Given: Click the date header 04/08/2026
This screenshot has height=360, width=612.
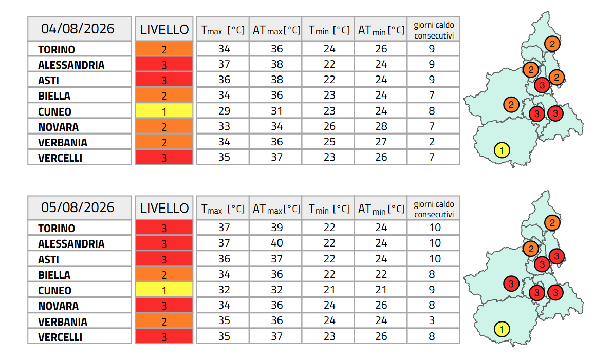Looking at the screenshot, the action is [78, 28].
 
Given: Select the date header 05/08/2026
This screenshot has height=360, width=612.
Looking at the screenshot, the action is [78, 207].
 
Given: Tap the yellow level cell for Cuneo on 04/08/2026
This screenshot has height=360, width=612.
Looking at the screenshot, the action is [164, 111].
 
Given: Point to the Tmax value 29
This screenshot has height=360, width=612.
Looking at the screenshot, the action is [224, 111].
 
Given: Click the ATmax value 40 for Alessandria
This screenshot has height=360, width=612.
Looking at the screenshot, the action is [277, 243].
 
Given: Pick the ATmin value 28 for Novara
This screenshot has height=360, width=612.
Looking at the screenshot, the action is [381, 126].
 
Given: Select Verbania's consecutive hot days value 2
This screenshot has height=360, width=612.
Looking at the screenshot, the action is [432, 142].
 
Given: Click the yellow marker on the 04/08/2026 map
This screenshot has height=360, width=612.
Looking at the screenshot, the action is [502, 150].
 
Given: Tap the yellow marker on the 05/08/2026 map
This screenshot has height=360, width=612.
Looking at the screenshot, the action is [502, 329].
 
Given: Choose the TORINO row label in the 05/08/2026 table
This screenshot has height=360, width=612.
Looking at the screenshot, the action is [57, 228].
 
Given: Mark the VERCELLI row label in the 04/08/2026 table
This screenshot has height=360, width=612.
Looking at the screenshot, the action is [60, 158].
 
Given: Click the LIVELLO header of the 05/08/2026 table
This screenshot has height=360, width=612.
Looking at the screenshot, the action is [164, 208].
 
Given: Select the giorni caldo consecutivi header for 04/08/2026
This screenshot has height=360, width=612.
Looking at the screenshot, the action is [434, 30].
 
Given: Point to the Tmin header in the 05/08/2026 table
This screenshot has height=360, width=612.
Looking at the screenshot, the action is [329, 209].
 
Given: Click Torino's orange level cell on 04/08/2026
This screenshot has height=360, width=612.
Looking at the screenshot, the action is [164, 49].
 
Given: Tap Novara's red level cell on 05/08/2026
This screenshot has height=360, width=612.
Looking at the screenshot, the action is [164, 306].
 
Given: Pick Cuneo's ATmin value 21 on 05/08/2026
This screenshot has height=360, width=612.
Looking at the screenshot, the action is [381, 290].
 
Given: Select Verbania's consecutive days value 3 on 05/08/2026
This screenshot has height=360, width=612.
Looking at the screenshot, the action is [432, 320].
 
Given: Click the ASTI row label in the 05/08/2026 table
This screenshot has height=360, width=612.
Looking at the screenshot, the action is [49, 259].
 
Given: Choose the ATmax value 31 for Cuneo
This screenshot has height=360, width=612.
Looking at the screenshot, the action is [277, 111].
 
